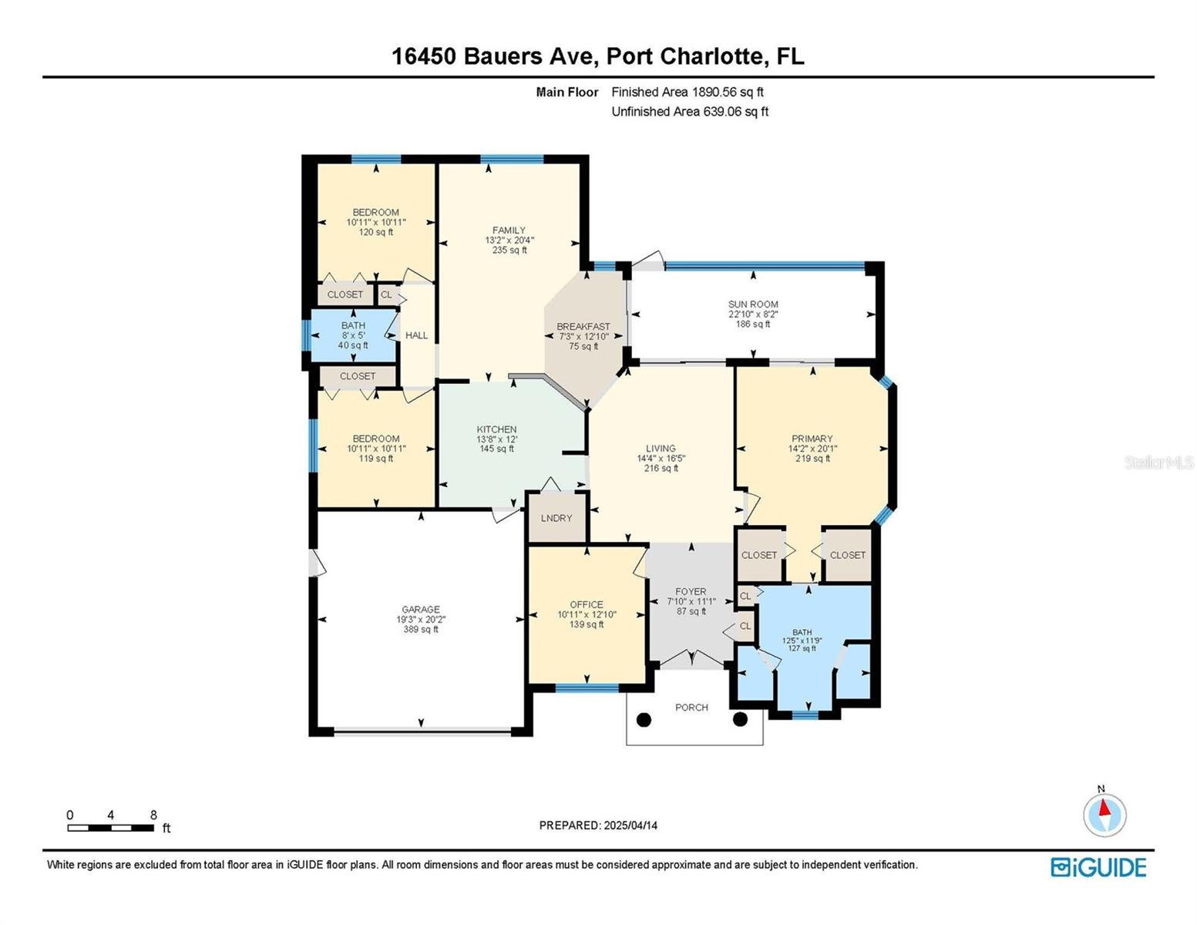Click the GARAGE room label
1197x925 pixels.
(420, 609)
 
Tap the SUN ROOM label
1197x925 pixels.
(752, 304)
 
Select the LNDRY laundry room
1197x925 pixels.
(556, 518)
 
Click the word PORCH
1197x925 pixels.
(691, 708)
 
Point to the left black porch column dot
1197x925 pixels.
(644, 719)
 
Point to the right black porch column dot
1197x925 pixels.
(740, 719)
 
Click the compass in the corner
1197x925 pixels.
(1104, 815)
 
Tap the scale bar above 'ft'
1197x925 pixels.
(110, 827)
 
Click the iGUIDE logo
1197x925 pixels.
(1098, 867)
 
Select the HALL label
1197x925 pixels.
(416, 335)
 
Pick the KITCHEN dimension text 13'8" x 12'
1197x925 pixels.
(496, 439)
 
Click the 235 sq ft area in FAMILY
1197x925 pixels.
(509, 250)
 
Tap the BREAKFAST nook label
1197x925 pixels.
(583, 326)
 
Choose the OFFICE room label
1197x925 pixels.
(586, 604)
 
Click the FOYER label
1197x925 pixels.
(691, 591)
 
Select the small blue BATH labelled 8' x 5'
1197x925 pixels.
(353, 335)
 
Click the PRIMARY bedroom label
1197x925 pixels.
(812, 439)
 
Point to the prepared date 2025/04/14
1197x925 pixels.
(630, 826)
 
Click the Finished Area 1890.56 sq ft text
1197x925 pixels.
(687, 92)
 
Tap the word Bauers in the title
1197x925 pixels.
(503, 56)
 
